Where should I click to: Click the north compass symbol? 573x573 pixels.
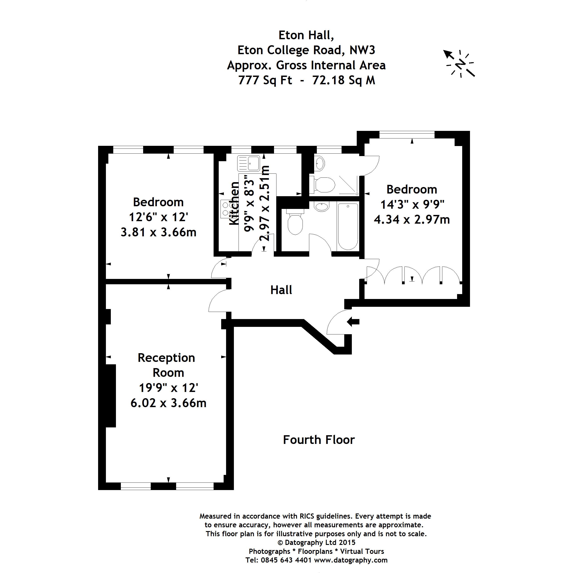click(x=460, y=64)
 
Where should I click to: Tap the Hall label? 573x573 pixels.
click(x=281, y=290)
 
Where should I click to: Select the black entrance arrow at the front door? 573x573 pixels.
click(x=353, y=322)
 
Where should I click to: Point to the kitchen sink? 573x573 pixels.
click(x=249, y=163)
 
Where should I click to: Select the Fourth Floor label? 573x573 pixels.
click(x=319, y=440)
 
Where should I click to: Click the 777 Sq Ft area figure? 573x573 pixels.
click(x=265, y=80)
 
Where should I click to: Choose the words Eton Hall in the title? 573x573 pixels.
click(x=306, y=35)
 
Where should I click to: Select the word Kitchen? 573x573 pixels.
click(x=234, y=204)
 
